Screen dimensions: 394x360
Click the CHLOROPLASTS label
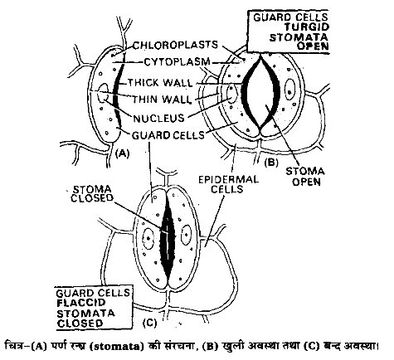point(175,45)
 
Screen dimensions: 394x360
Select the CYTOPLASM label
point(178,62)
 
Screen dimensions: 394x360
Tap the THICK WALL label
point(160,82)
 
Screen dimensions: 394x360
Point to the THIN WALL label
point(162,99)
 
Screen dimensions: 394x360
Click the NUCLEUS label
point(158,119)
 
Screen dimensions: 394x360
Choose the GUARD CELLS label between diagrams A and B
point(168,135)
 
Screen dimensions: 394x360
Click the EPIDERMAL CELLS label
point(228,184)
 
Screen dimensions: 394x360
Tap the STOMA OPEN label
point(305,177)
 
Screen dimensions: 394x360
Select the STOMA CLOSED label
point(92,194)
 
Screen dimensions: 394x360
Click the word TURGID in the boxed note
point(307,27)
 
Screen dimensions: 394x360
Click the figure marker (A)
point(122,153)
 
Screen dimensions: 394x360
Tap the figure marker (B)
point(271,163)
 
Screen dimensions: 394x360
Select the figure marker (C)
point(149,323)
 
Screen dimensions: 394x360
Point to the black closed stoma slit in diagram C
point(168,238)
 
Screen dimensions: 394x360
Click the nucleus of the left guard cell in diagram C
point(148,238)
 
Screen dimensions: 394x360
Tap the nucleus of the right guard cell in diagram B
point(289,89)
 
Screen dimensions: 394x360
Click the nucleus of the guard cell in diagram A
point(104,93)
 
